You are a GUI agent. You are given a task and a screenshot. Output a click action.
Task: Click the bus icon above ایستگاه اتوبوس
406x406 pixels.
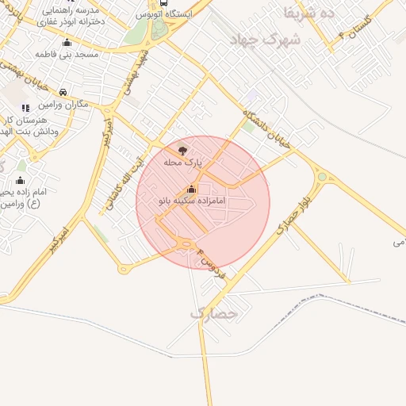click(163, 2)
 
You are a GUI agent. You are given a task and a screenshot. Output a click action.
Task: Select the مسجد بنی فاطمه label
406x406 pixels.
click(65, 54)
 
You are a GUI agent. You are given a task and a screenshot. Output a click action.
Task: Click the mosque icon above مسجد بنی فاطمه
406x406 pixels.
click(66, 43)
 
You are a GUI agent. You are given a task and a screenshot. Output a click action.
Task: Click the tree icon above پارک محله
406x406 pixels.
click(183, 150)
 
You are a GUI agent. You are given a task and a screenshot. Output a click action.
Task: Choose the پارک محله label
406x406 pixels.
click(183, 162)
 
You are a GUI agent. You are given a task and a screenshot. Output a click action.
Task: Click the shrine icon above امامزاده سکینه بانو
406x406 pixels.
click(190, 190)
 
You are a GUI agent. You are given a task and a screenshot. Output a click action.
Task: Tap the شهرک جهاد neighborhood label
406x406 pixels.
click(263, 39)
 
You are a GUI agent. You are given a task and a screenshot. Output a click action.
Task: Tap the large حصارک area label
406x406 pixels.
click(214, 313)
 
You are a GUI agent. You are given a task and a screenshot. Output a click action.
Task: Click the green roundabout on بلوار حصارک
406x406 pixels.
click(321, 177)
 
